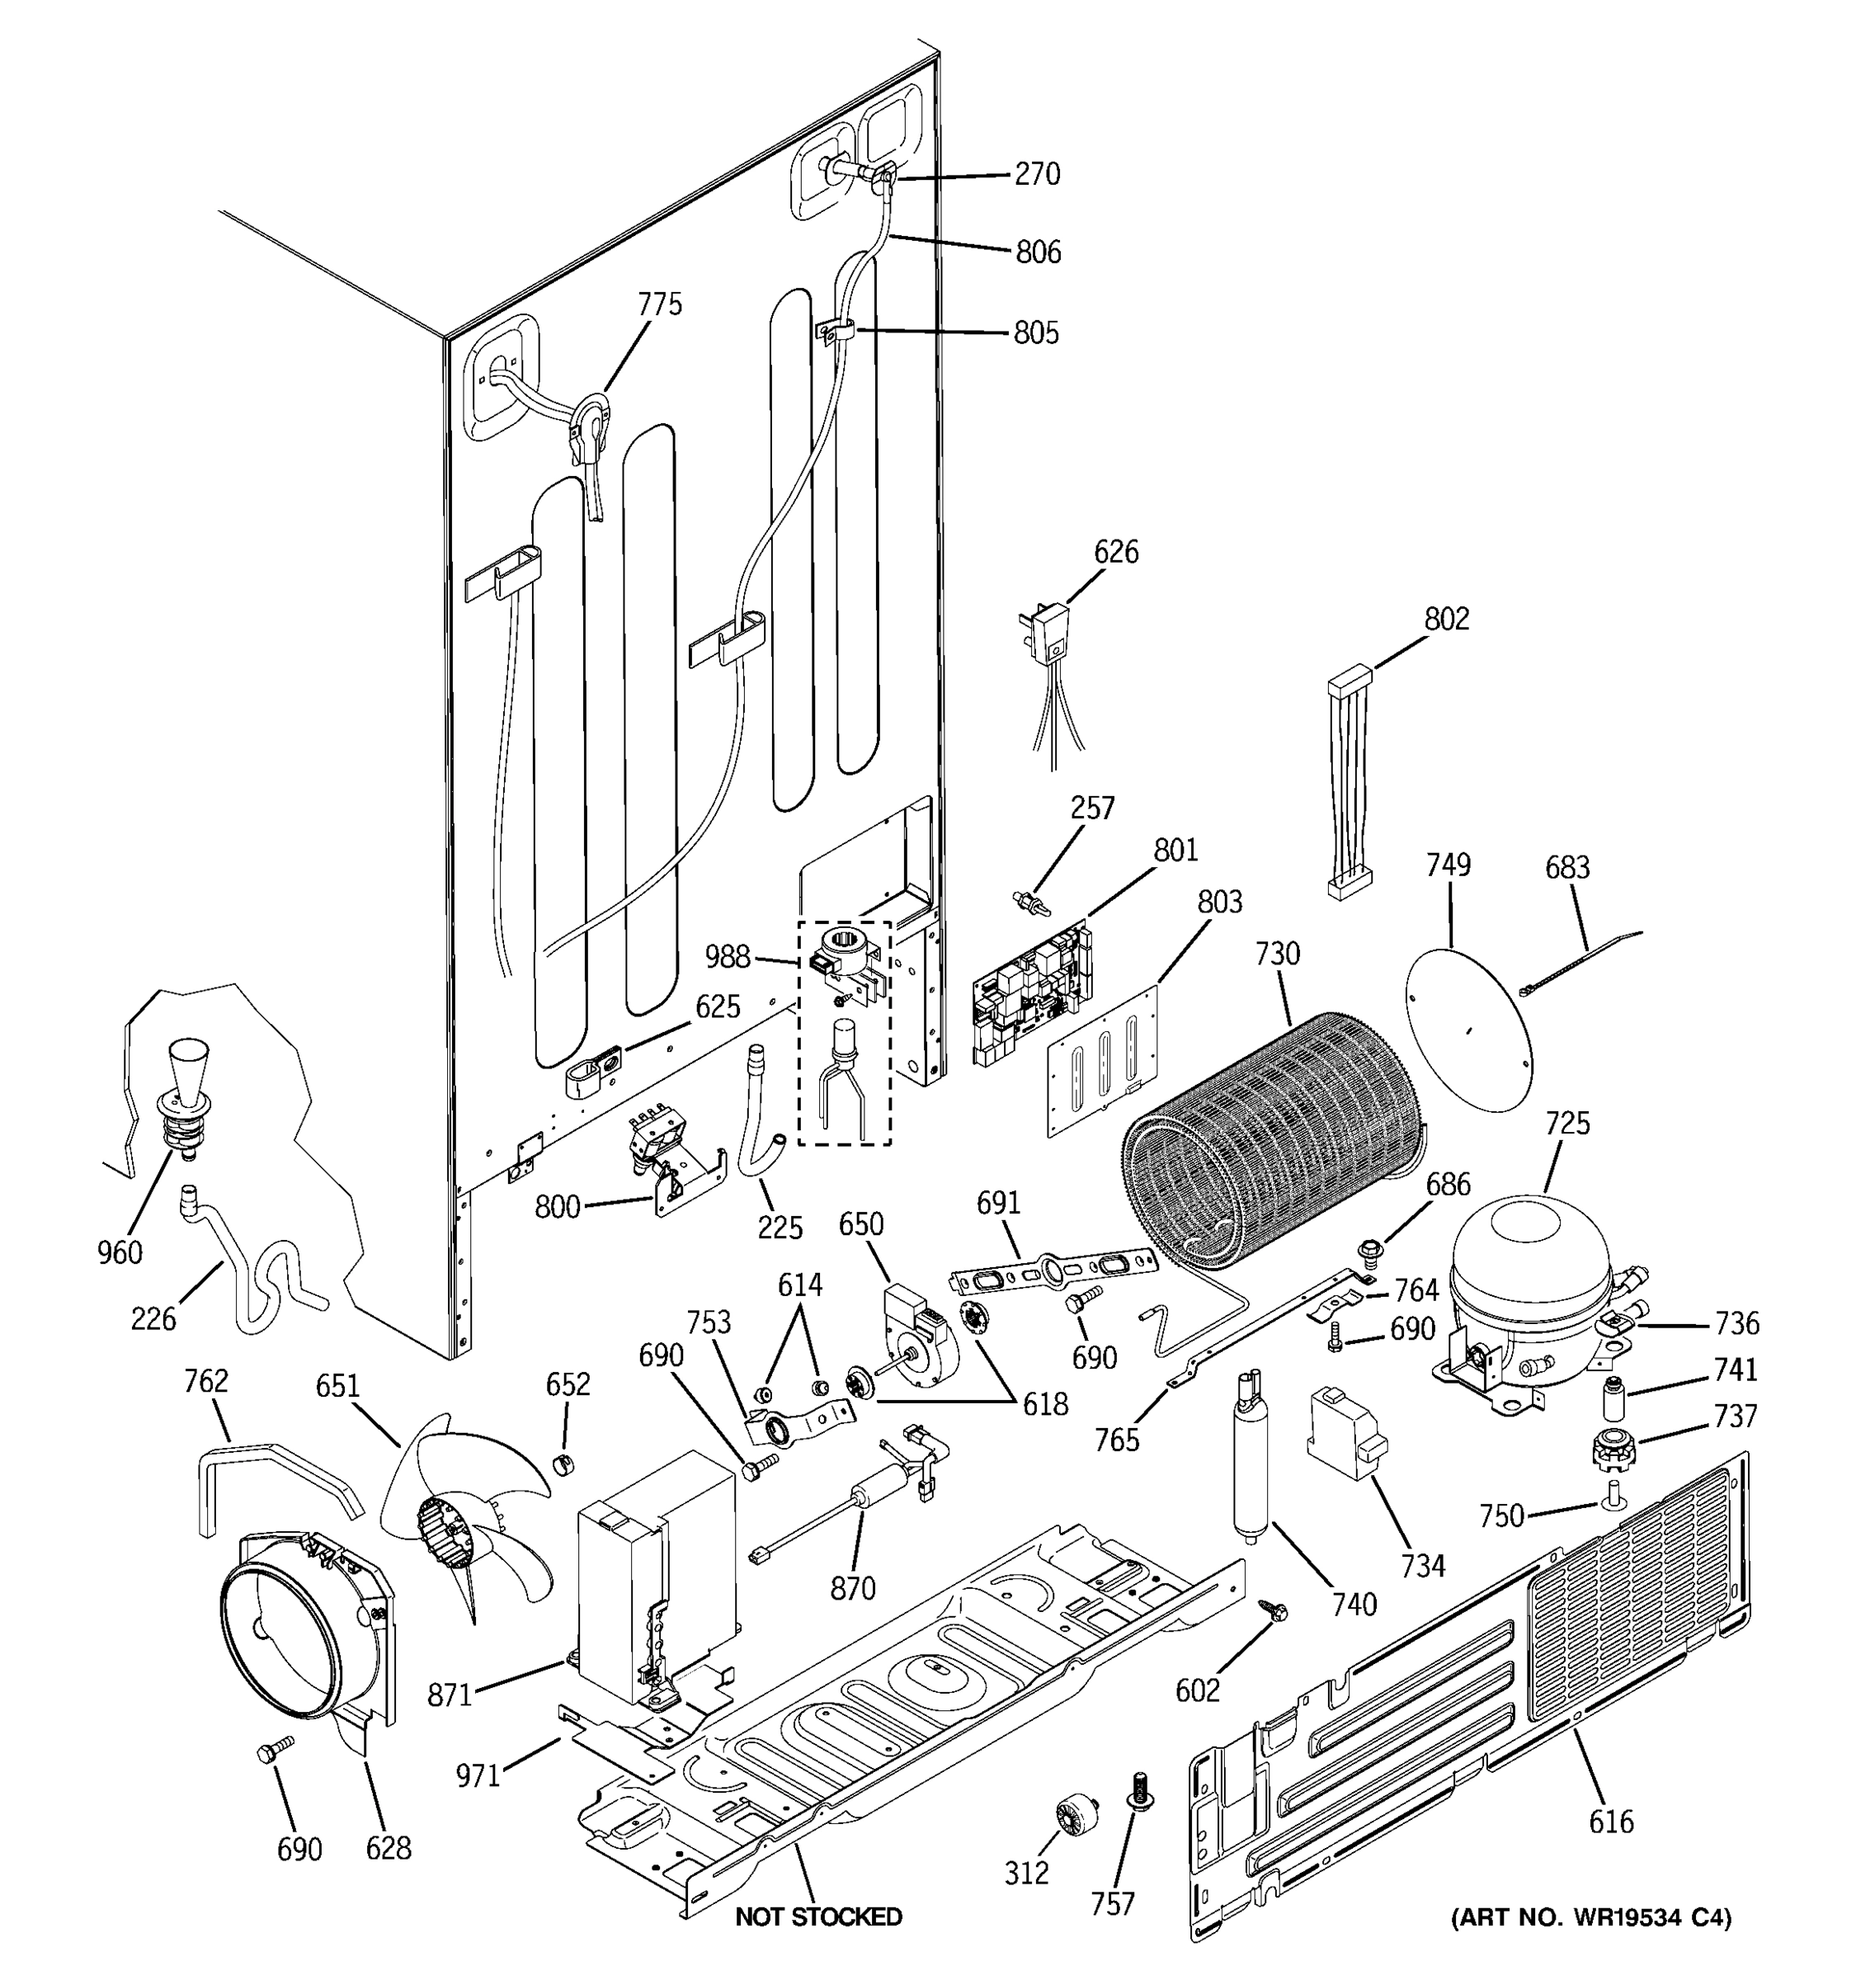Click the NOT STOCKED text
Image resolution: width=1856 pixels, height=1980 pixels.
click(x=817, y=1916)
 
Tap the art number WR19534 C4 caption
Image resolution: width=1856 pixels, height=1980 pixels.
click(x=1590, y=1916)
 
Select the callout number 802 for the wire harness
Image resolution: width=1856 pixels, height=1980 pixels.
click(x=1446, y=619)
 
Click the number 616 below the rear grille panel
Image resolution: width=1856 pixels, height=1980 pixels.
click(x=1610, y=1821)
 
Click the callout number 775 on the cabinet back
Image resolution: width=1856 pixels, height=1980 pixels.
click(x=660, y=304)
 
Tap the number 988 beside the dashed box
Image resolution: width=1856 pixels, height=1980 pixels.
click(x=727, y=957)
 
